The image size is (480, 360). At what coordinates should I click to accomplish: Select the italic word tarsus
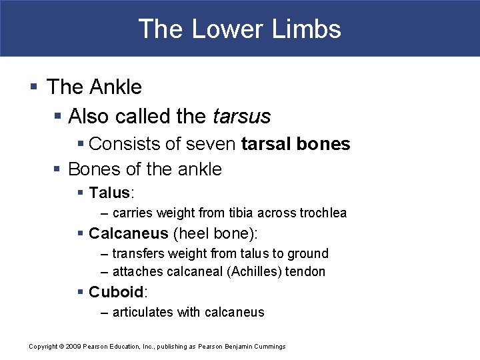coord(242,116)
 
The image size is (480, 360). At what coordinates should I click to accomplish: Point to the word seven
coord(213,143)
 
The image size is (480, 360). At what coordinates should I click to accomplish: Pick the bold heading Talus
coord(109,193)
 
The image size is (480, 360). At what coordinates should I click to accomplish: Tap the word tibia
coord(246,213)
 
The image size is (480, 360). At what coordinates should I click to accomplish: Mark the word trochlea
coord(323,213)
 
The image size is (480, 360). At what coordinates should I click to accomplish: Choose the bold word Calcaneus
coord(128,233)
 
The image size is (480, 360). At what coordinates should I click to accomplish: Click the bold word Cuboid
coord(116,292)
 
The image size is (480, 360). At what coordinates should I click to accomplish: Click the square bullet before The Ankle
coord(34,87)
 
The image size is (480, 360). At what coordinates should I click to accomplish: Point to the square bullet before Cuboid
coord(81,292)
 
